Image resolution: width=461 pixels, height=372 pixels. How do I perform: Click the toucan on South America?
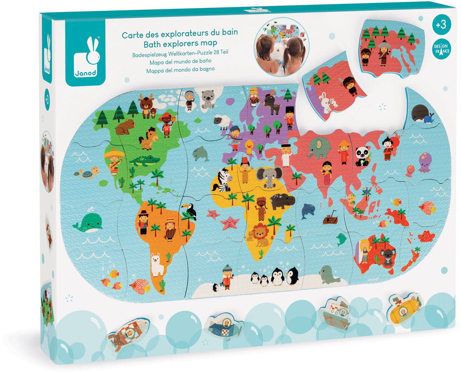point(190,211)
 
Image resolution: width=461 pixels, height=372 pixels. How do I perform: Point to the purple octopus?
point(424,162)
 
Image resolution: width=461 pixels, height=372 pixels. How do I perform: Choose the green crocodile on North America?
point(144,160)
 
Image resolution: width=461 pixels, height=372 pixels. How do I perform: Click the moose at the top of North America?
point(146,104)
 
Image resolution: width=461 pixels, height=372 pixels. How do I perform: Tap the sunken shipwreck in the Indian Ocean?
point(330,219)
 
